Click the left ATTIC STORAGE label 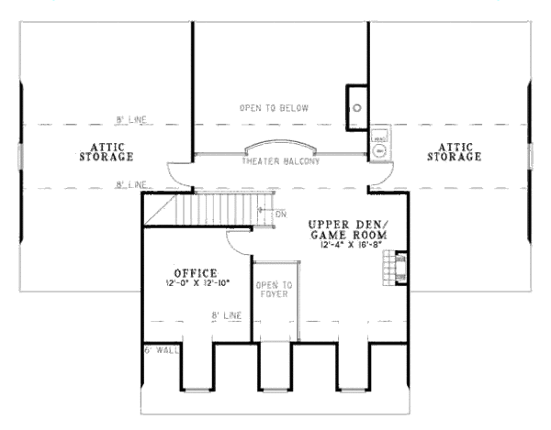pos(106,151)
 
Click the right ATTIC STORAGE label pos(454,151)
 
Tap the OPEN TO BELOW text pos(274,108)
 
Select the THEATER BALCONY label pos(280,162)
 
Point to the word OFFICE pos(195,272)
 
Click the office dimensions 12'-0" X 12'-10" pos(195,283)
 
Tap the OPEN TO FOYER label pos(273,289)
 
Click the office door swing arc pos(237,241)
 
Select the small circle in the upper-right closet pos(355,106)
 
